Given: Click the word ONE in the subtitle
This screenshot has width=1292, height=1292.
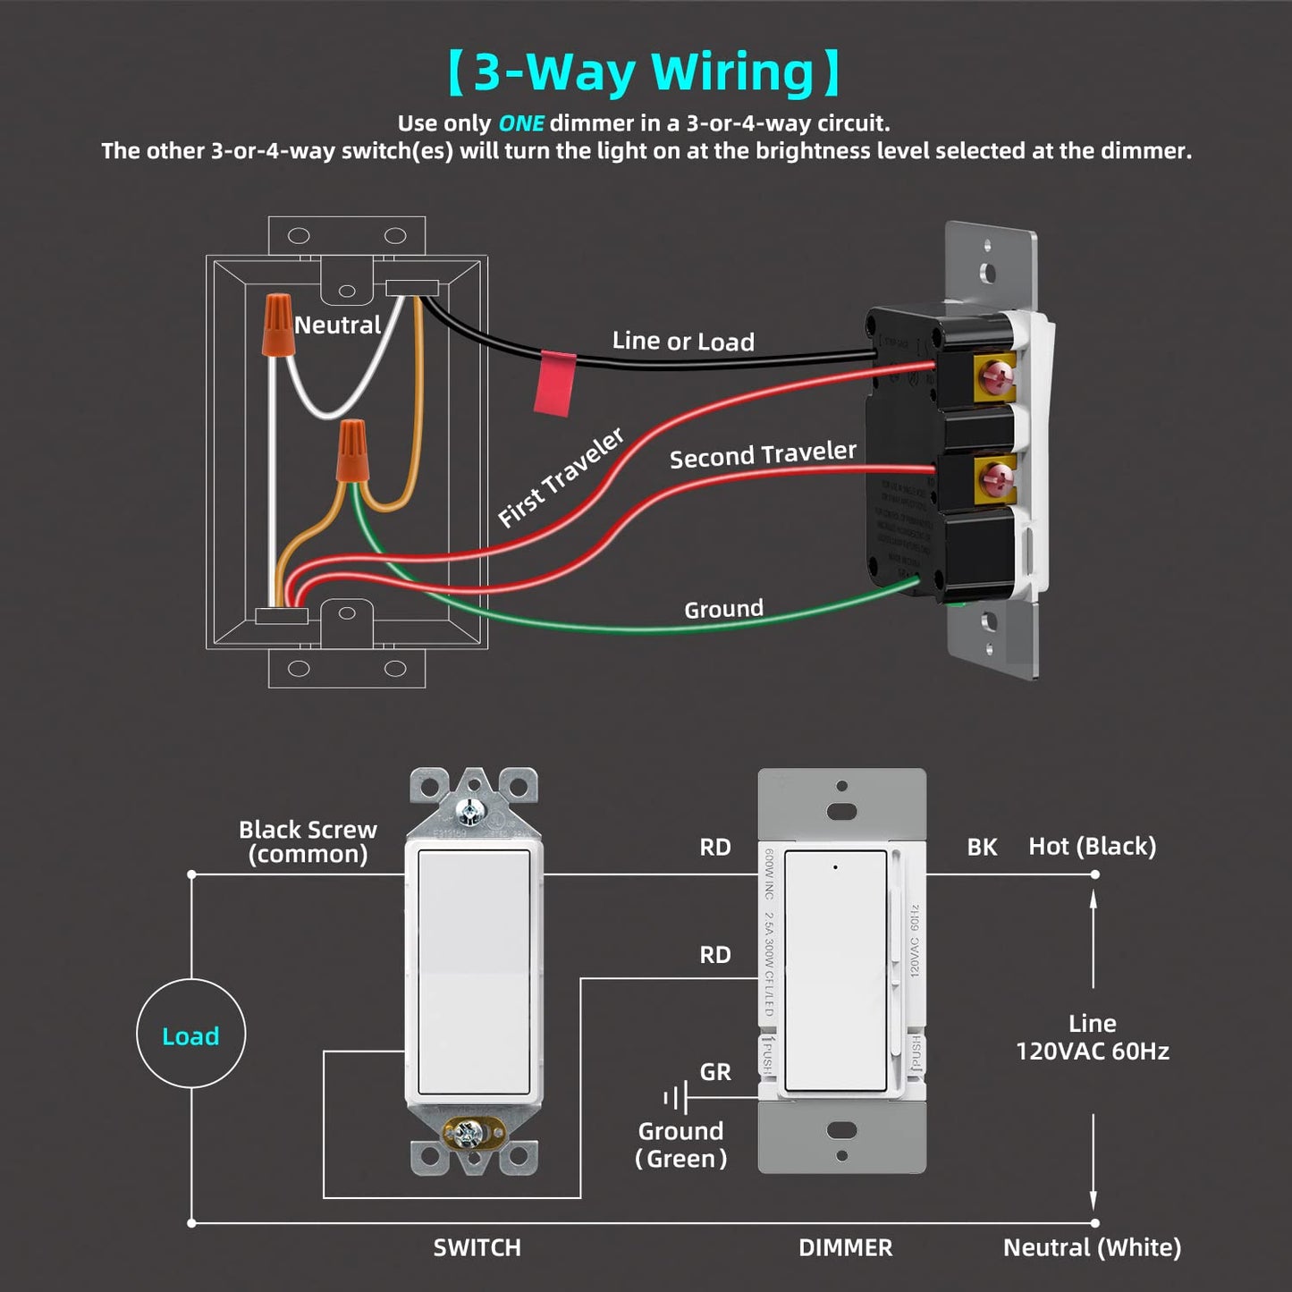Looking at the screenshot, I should pyautogui.click(x=520, y=123).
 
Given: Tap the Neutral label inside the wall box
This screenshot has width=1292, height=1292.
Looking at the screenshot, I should pyautogui.click(x=337, y=325).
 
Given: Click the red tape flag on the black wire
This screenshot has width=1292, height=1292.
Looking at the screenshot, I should pyautogui.click(x=555, y=383).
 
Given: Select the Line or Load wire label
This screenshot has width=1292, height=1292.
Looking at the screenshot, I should pyautogui.click(x=683, y=342).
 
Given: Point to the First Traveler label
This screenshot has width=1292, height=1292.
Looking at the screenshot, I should pyautogui.click(x=561, y=477).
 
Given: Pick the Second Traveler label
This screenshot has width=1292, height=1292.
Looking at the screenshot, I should pyautogui.click(x=763, y=455).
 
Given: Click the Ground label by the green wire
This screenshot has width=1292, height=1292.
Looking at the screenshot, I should pyautogui.click(x=723, y=610).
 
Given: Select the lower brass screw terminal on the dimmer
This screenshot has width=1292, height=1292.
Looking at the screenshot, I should pyautogui.click(x=994, y=478).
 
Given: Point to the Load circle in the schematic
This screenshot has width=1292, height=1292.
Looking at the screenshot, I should pyautogui.click(x=190, y=1034).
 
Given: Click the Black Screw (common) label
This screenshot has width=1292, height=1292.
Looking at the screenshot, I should pyautogui.click(x=308, y=841).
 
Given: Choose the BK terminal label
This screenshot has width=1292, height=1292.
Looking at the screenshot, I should pyautogui.click(x=982, y=847).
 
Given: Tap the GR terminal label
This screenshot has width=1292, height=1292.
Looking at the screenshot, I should pyautogui.click(x=715, y=1072).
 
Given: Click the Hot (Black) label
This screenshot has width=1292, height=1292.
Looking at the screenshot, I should pyautogui.click(x=1092, y=846).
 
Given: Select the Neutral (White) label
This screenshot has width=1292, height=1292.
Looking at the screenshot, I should pyautogui.click(x=1092, y=1247).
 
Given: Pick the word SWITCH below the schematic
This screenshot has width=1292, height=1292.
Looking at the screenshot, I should pyautogui.click(x=477, y=1247).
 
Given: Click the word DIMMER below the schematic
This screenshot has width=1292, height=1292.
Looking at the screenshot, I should pyautogui.click(x=845, y=1247).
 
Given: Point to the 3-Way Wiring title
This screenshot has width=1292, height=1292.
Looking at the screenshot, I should pyautogui.click(x=644, y=72).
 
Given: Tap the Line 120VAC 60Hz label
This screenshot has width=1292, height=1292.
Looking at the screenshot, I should pyautogui.click(x=1092, y=1037).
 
